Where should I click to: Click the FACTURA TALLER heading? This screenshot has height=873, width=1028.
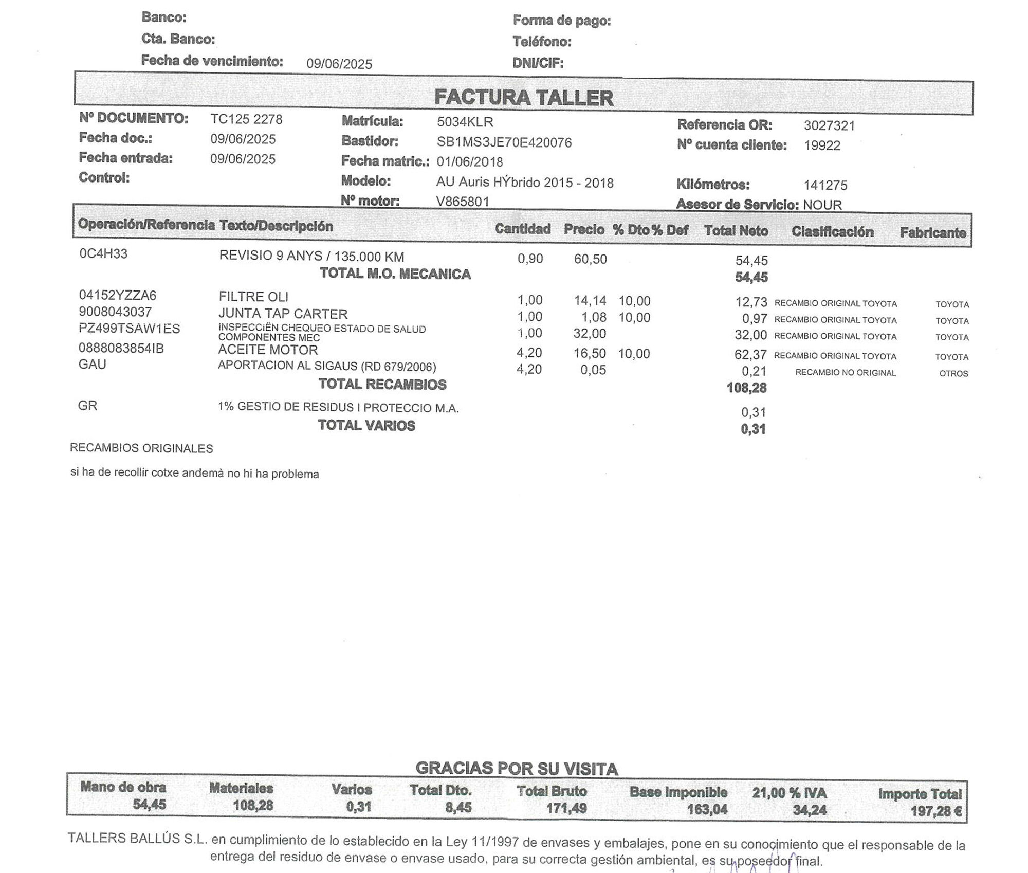pos(523,98)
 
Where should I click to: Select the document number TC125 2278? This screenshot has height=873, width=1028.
pos(246,119)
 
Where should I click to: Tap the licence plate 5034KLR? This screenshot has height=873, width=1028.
pos(465,122)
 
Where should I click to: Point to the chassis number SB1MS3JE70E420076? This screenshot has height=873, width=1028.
pos(504,142)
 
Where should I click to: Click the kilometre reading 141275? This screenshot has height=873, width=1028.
pos(825,185)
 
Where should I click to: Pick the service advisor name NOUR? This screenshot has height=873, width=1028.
pos(822,205)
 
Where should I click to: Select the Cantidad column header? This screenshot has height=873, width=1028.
pos(522,229)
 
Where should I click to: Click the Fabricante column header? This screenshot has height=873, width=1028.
pos(932,233)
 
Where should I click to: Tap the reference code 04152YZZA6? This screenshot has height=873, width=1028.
pos(117,296)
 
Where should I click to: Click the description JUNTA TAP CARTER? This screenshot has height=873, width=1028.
pos(283,314)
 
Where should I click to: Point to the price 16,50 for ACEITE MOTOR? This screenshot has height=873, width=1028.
pos(590,354)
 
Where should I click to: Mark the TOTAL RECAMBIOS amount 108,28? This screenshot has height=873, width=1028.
pos(746,388)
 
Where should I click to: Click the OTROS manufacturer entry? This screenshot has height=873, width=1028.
pos(953,374)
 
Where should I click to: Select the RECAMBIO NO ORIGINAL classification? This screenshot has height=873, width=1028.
pos(846,373)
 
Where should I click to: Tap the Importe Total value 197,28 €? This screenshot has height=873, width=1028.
pos(935,812)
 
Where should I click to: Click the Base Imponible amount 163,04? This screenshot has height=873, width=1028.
pos(707,810)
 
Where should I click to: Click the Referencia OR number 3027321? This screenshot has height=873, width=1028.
pos(829,125)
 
